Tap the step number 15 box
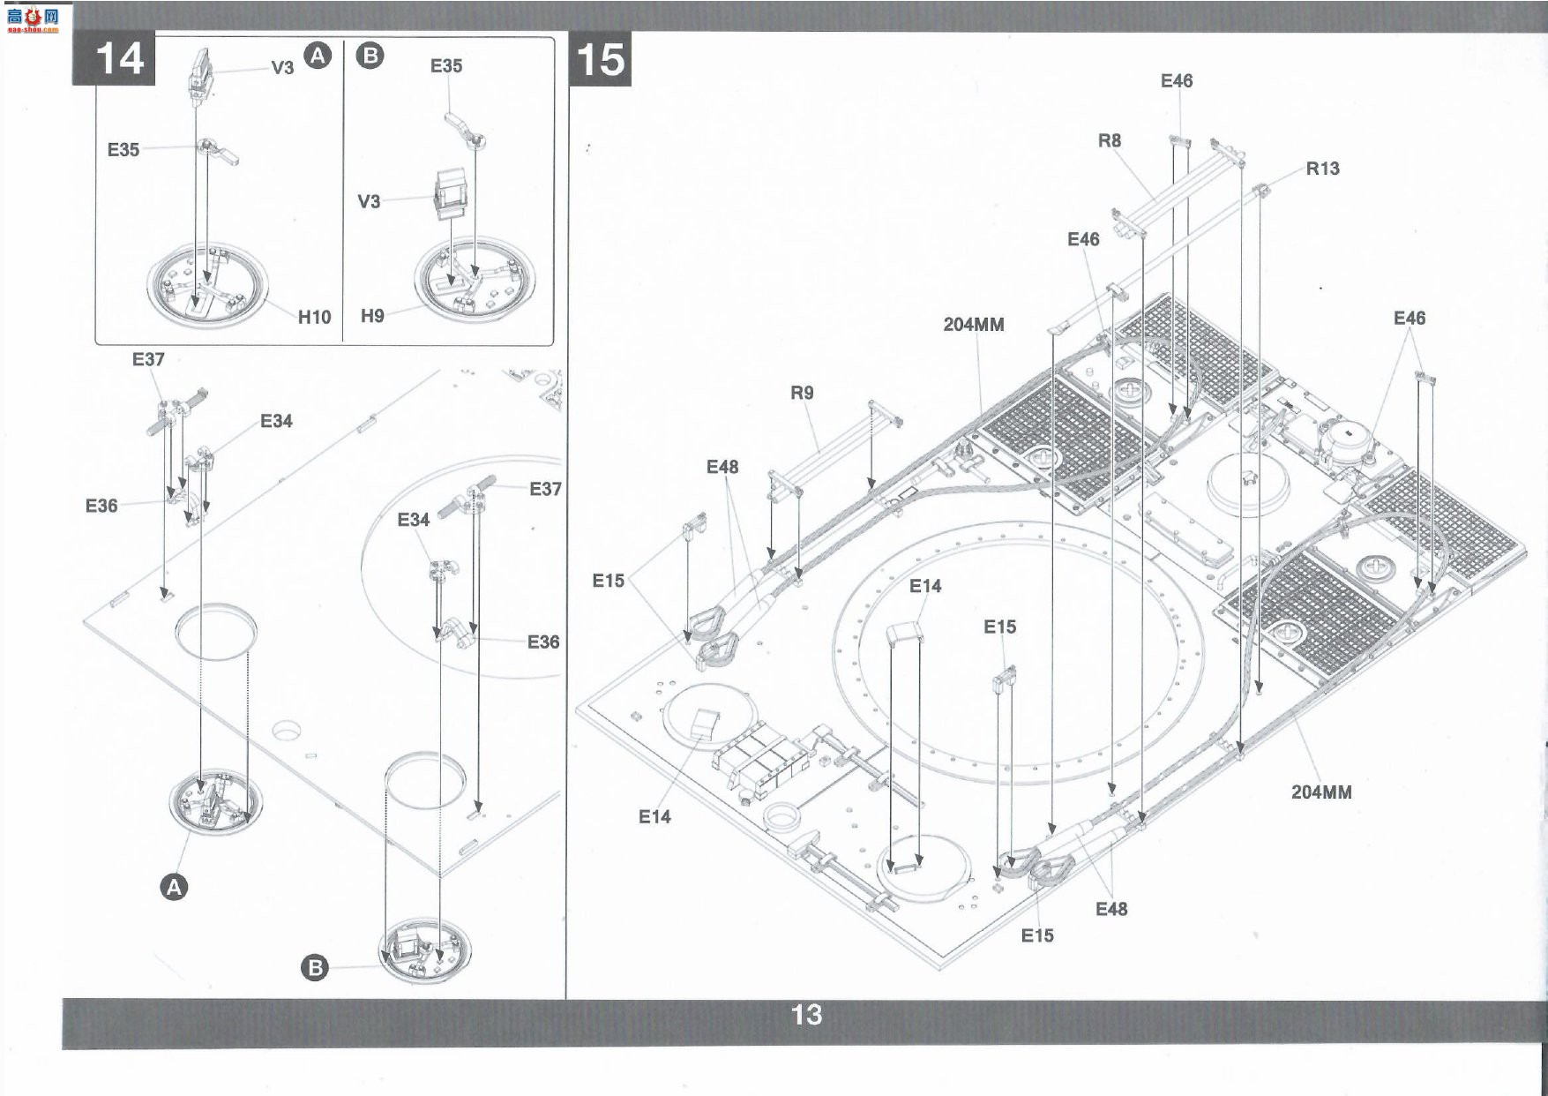coord(601,60)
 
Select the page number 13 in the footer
coord(806,1015)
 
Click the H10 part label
coord(314,317)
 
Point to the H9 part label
coord(372,315)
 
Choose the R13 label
coord(1322,169)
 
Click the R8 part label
coord(1110,140)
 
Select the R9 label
coord(802,393)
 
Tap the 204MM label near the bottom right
coord(1321,792)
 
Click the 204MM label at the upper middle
coord(974,324)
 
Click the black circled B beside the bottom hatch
coord(314,968)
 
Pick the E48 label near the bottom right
coord(1111,909)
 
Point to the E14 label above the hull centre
coord(925,586)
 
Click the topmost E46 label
coord(1177,81)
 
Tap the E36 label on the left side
coord(101,506)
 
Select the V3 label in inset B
coord(369,201)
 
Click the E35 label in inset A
coord(123,150)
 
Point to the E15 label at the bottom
coord(1037,935)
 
